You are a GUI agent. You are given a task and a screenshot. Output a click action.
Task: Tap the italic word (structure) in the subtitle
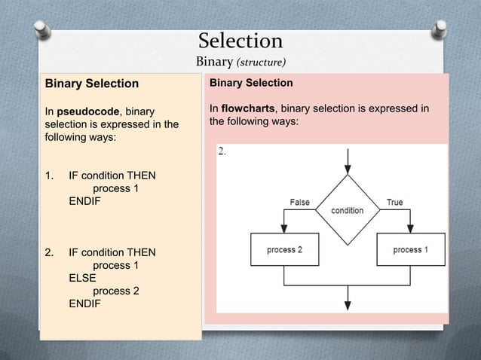(x=260, y=62)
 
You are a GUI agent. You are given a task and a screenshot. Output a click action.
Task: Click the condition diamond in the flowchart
(x=347, y=210)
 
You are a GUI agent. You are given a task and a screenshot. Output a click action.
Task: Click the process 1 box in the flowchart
(x=410, y=249)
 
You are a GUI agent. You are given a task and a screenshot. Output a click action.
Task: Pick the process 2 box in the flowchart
(x=284, y=249)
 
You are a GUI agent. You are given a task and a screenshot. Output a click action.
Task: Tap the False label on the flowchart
(x=299, y=202)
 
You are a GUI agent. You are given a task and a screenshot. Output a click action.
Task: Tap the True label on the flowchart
(x=394, y=202)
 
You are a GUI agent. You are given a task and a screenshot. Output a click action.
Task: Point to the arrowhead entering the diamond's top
(x=347, y=170)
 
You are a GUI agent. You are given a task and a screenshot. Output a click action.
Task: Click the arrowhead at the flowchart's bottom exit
(x=347, y=305)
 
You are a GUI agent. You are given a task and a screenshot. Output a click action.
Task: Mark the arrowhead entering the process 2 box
(x=284, y=229)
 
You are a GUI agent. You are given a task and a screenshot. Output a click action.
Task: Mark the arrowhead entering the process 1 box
(x=411, y=229)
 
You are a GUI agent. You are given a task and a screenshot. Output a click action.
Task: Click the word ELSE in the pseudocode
(x=83, y=278)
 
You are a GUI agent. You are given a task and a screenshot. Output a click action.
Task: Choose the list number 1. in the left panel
(x=51, y=176)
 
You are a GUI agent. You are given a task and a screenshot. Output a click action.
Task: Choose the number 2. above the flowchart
(x=222, y=151)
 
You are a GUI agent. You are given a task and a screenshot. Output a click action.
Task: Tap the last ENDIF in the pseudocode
(x=84, y=304)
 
